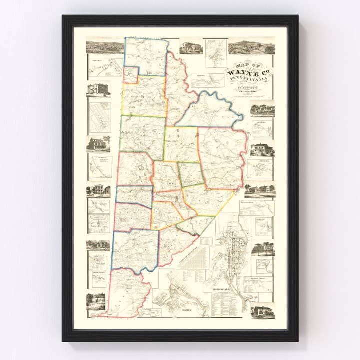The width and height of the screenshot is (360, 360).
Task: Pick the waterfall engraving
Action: coord(96,301)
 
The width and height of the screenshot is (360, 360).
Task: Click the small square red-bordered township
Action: coord(130,75)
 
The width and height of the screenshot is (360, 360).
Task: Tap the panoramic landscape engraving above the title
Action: coord(251,47)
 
